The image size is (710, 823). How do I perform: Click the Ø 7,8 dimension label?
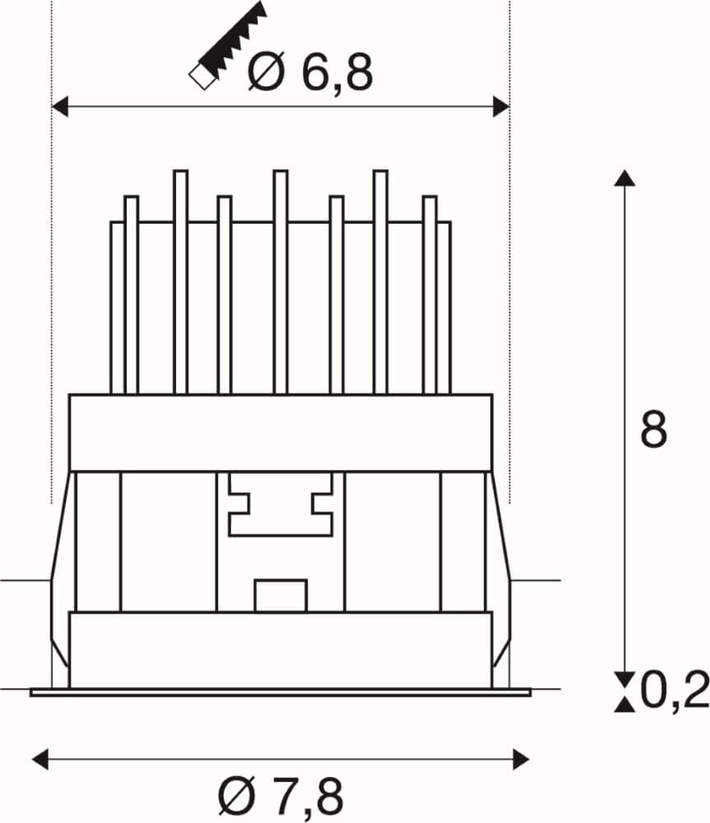[x=281, y=795]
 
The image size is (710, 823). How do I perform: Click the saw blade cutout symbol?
[x=229, y=45]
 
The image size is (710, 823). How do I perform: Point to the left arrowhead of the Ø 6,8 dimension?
[x=60, y=106]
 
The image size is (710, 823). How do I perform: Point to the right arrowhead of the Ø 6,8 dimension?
[x=501, y=106]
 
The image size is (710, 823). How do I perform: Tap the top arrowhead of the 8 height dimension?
[x=625, y=179]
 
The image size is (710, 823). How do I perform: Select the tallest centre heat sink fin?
[x=280, y=280]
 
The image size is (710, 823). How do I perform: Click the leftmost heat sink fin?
[x=116, y=305]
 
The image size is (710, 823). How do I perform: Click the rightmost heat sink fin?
[x=444, y=305]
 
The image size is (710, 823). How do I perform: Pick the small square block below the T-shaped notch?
[x=280, y=596]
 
